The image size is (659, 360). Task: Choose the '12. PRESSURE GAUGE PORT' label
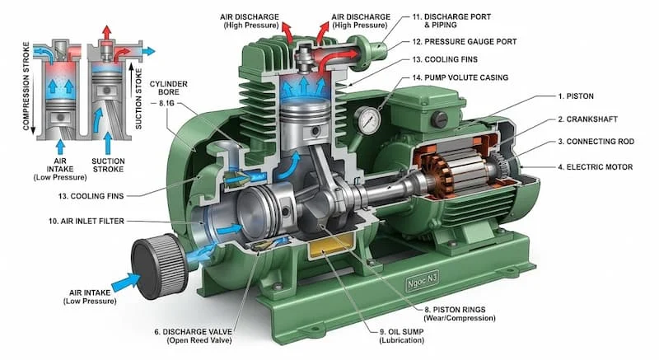(465, 41)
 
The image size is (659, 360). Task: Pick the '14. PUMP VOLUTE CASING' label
(465, 77)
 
